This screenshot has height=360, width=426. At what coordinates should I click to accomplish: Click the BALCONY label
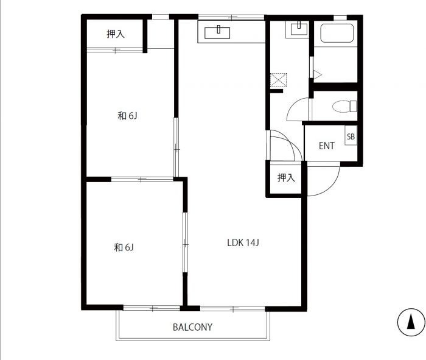(193, 327)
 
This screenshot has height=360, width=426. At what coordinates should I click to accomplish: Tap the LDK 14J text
(243, 242)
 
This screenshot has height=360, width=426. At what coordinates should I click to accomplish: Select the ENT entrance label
(327, 146)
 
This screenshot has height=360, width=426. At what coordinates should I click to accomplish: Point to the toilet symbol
(344, 106)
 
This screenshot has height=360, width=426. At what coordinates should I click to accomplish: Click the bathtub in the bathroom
(337, 33)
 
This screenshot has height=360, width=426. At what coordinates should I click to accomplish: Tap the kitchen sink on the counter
(217, 33)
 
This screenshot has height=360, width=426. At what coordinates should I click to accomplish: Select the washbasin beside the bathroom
(299, 29)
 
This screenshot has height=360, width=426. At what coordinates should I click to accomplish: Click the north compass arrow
(411, 322)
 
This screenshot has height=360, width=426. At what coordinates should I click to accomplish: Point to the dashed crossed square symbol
(279, 80)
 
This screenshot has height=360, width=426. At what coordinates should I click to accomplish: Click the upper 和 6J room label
(127, 116)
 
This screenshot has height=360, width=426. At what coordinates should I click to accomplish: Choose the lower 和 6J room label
(124, 247)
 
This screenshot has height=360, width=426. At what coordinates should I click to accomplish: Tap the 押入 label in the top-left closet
(116, 34)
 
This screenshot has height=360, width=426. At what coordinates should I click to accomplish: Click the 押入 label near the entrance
(286, 177)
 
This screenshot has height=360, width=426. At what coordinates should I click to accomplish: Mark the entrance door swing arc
(333, 186)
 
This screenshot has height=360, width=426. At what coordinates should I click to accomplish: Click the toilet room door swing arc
(293, 104)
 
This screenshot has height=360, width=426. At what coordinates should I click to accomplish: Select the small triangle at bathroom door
(317, 74)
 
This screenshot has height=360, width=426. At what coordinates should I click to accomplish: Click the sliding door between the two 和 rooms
(142, 179)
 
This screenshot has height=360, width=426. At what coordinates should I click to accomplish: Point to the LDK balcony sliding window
(233, 309)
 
